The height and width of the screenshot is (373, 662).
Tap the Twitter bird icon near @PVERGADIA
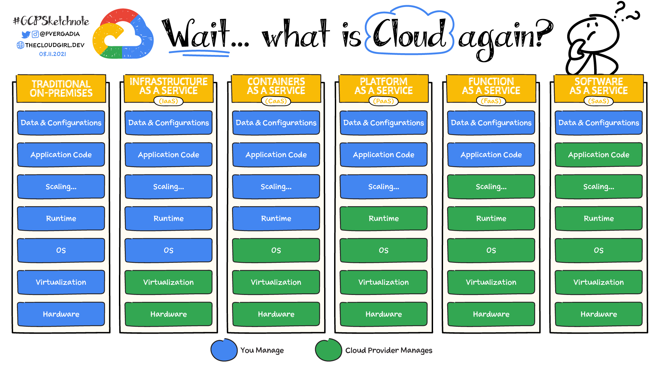[x=26, y=35]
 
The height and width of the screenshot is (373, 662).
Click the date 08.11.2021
[x=52, y=54]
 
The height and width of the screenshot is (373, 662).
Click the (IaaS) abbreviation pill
[x=168, y=101]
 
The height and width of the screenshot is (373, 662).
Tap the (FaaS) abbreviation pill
[x=491, y=101]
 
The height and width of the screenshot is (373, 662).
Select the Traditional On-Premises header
[x=61, y=88]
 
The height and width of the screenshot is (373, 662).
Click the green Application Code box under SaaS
[x=599, y=155]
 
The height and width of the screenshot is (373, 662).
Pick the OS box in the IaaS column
[x=168, y=250]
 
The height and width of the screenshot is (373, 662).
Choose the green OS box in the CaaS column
[x=276, y=250]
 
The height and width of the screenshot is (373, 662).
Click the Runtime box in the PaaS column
[x=383, y=218]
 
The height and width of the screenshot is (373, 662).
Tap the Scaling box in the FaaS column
[x=491, y=186]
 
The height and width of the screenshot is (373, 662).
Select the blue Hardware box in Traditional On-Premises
[x=61, y=314]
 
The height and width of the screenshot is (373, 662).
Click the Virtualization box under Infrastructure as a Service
[x=168, y=282]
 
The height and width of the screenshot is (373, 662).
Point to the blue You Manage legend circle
[x=224, y=350]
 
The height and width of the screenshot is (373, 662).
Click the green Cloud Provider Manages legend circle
[x=328, y=350]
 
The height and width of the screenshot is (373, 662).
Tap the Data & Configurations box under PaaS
[x=383, y=123]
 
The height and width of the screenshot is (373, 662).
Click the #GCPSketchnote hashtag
[x=51, y=21]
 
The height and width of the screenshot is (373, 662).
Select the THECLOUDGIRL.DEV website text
[x=54, y=45]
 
